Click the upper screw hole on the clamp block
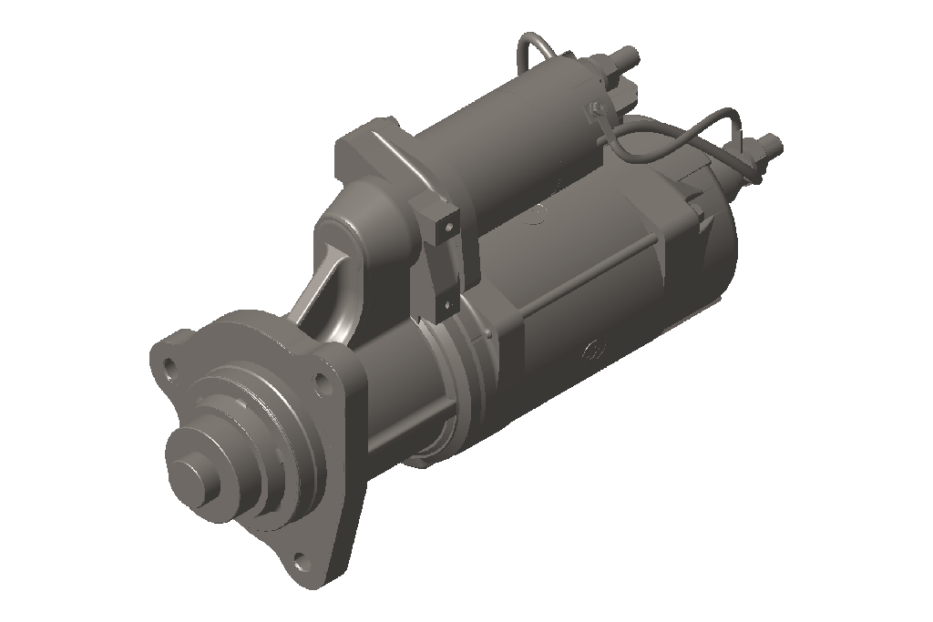coord(448,224)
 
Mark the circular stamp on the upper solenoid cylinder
coord(538,215)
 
